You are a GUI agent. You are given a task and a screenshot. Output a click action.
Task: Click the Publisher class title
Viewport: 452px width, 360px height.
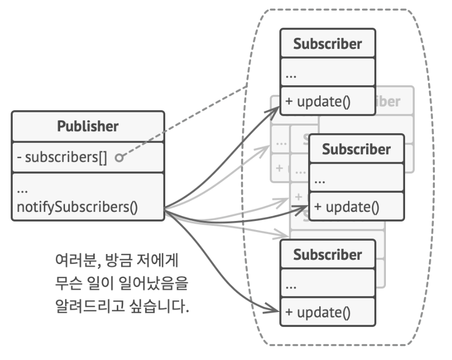tap(87, 127)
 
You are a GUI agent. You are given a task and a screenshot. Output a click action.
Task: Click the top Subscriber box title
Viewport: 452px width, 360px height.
tap(327, 44)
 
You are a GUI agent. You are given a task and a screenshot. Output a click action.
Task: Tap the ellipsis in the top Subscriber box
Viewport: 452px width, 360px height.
tap(291, 75)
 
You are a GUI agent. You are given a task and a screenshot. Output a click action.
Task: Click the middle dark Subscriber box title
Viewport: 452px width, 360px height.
tap(356, 149)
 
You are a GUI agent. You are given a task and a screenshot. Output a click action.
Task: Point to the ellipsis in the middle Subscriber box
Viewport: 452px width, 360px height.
tap(320, 179)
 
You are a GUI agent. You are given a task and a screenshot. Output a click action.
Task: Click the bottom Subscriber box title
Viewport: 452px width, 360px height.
tap(327, 254)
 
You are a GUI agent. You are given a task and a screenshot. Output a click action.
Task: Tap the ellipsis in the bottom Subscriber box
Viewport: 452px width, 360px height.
tap(291, 285)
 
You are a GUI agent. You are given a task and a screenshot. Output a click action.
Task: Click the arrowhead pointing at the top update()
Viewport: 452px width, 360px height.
tap(276, 109)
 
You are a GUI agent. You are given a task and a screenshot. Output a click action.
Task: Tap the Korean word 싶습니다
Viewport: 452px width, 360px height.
tap(163, 307)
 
